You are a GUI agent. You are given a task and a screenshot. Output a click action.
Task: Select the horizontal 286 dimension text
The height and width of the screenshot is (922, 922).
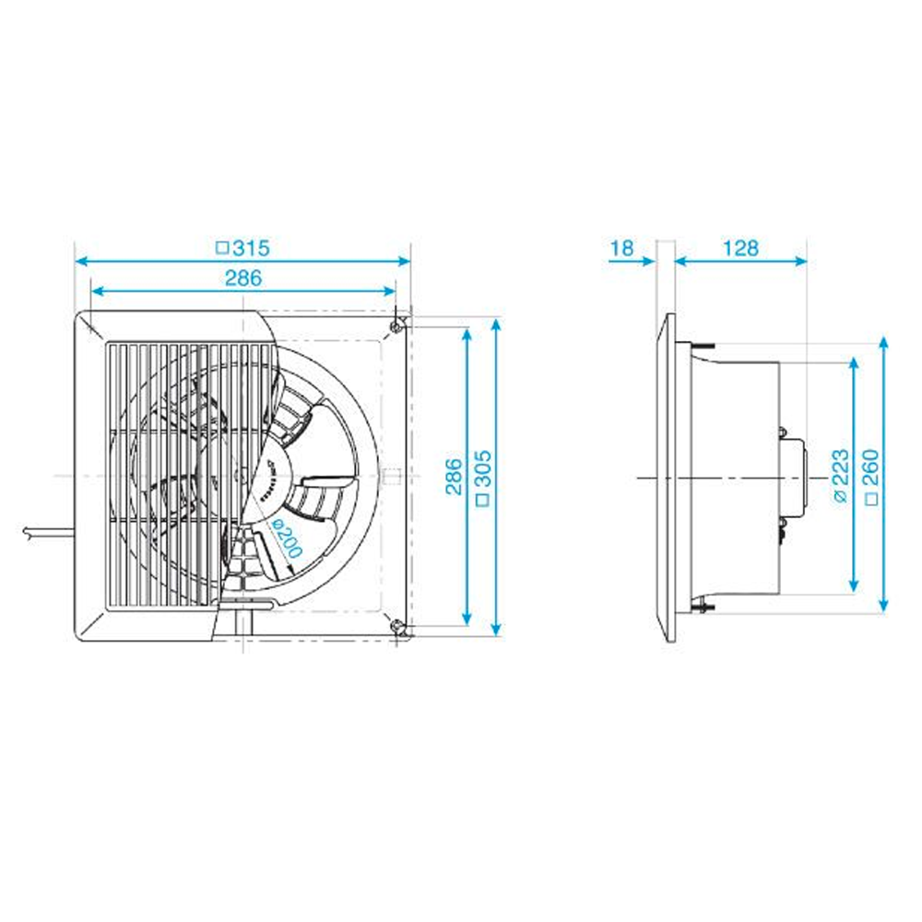pos(243,277)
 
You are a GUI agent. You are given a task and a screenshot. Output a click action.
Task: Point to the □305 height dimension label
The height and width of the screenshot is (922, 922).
pos(482,476)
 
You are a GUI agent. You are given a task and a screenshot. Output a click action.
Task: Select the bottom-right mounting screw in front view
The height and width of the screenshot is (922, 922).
pos(397,629)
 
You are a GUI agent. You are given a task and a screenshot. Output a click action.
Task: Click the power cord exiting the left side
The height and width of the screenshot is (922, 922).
pos(46,532)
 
